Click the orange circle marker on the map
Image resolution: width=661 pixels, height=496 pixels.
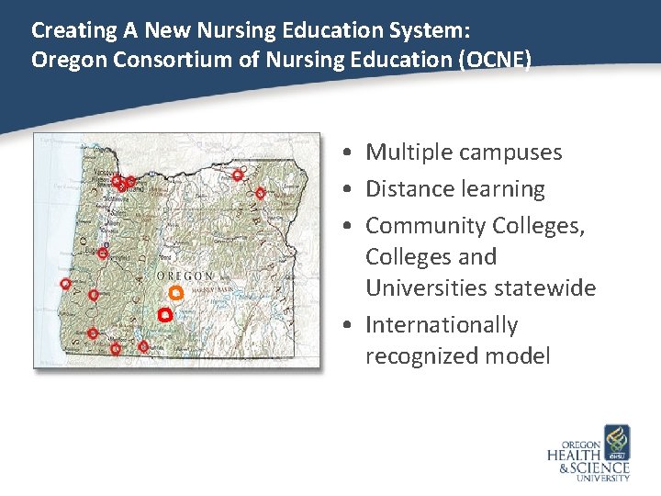pos(176,293)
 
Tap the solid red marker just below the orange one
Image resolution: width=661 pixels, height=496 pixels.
pos(164,314)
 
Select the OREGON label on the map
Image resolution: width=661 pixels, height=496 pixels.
pos(186,276)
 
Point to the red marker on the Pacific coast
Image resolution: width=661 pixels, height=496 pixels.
pos(65,284)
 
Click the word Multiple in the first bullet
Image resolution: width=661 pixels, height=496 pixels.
pos(406,152)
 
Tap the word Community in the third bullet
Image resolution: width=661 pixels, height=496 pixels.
pos(425,226)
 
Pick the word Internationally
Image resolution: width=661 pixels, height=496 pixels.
pos(442,325)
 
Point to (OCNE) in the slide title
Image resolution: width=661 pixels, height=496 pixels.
pos(497,61)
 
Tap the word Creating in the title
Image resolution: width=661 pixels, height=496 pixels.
pos(67,29)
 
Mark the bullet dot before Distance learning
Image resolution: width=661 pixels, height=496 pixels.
pos(353,189)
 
